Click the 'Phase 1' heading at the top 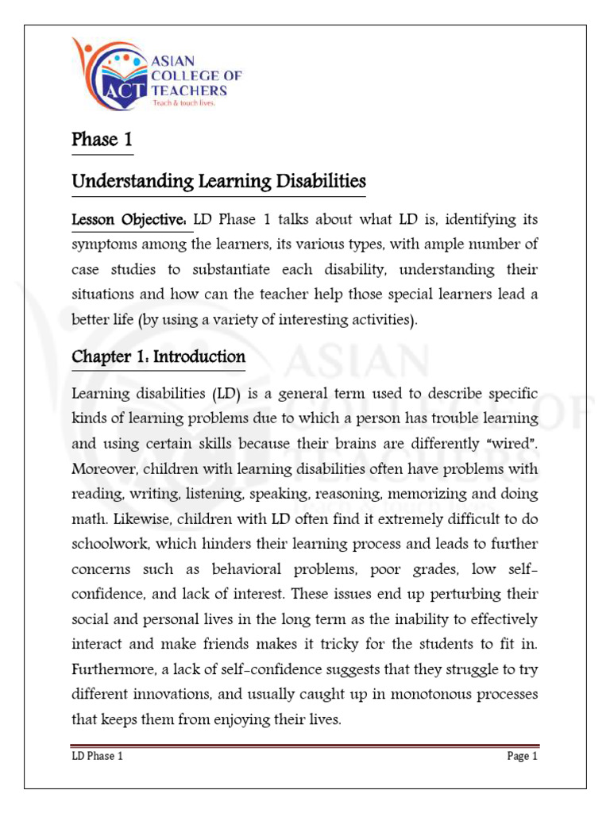click(102, 141)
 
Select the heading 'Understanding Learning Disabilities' click(218, 183)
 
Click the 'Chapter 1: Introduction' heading click(159, 357)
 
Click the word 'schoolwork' click(109, 545)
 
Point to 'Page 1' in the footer click(523, 757)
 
